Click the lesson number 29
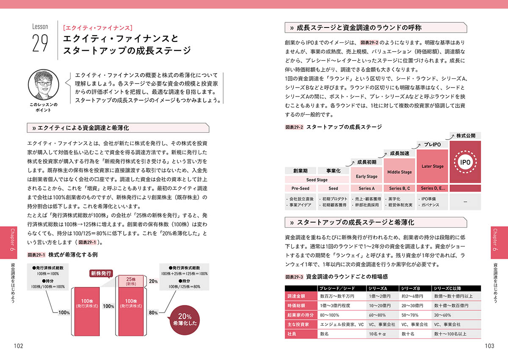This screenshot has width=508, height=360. pyautogui.click(x=40, y=43)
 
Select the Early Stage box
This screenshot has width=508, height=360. pyautogui.click(x=367, y=176)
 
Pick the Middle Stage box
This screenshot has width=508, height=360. pyautogui.click(x=400, y=172)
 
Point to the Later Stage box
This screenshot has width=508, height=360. pyautogui.click(x=433, y=166)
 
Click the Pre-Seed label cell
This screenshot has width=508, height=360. pyautogui.click(x=301, y=188)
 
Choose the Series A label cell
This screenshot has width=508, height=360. pyautogui.click(x=367, y=188)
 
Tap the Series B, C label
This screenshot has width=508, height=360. pyautogui.click(x=400, y=188)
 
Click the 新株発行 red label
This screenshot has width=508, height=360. pyautogui.click(x=101, y=273)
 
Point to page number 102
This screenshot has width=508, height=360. pyautogui.click(x=18, y=346)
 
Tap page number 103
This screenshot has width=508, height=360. pyautogui.click(x=489, y=346)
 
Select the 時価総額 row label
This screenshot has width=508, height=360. pyautogui.click(x=301, y=305)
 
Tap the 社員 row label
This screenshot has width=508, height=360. pyautogui.click(x=301, y=334)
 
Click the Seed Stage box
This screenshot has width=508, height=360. pyautogui.click(x=317, y=180)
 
